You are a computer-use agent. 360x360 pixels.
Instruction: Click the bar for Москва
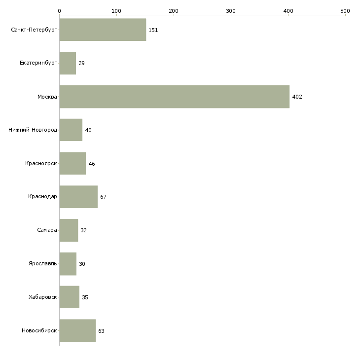[175, 97]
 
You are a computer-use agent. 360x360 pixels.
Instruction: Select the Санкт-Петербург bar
[103, 30]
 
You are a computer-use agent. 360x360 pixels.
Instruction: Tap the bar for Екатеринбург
[68, 63]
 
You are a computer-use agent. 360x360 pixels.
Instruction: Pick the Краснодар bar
[78, 197]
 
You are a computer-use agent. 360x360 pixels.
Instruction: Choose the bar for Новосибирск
[77, 330]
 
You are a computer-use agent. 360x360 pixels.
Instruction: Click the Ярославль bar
[68, 264]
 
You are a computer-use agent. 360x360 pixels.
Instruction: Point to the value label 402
[297, 97]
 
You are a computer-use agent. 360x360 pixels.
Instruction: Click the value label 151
[153, 30]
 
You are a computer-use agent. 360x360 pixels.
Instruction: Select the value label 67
[103, 197]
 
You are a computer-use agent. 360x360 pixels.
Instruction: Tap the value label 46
[92, 164]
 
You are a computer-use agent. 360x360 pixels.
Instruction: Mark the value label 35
[85, 297]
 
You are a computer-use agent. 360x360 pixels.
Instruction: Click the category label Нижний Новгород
[33, 130]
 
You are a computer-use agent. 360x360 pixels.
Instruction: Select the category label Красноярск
[41, 163]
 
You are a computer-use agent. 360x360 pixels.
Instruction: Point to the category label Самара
[47, 230]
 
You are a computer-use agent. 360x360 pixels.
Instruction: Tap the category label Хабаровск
[43, 297]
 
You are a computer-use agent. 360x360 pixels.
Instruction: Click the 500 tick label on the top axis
[345, 11]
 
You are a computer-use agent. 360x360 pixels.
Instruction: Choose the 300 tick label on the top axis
[231, 11]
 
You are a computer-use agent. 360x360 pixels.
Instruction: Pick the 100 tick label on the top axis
[116, 11]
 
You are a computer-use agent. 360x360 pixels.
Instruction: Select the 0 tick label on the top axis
[60, 11]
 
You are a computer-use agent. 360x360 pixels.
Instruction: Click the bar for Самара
[69, 230]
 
